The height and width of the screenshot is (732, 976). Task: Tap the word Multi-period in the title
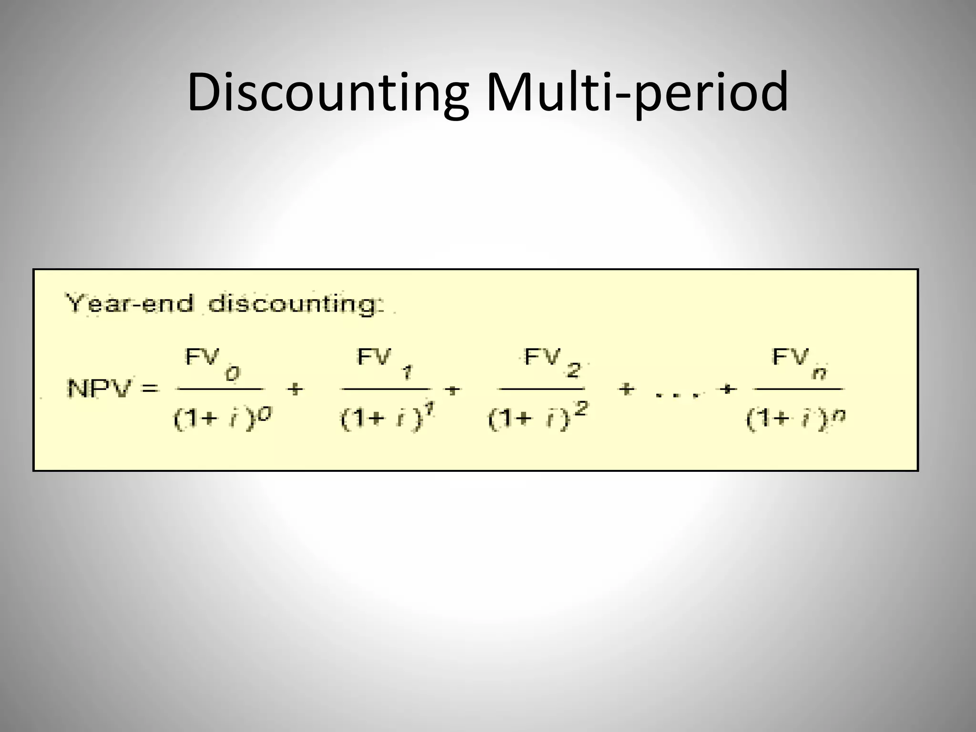pos(637,93)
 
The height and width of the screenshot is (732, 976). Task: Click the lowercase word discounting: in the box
pos(295,304)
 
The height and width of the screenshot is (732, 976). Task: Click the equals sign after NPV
pos(149,388)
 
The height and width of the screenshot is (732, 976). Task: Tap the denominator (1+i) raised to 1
pos(388,419)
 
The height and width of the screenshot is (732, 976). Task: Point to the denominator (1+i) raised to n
pos(795,419)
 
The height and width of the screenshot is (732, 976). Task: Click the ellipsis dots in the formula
pos(677,395)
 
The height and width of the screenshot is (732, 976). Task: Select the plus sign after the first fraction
pos(295,389)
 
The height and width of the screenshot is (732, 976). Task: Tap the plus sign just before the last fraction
pos(727,389)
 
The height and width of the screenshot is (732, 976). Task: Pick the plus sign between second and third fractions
pos(453,390)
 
